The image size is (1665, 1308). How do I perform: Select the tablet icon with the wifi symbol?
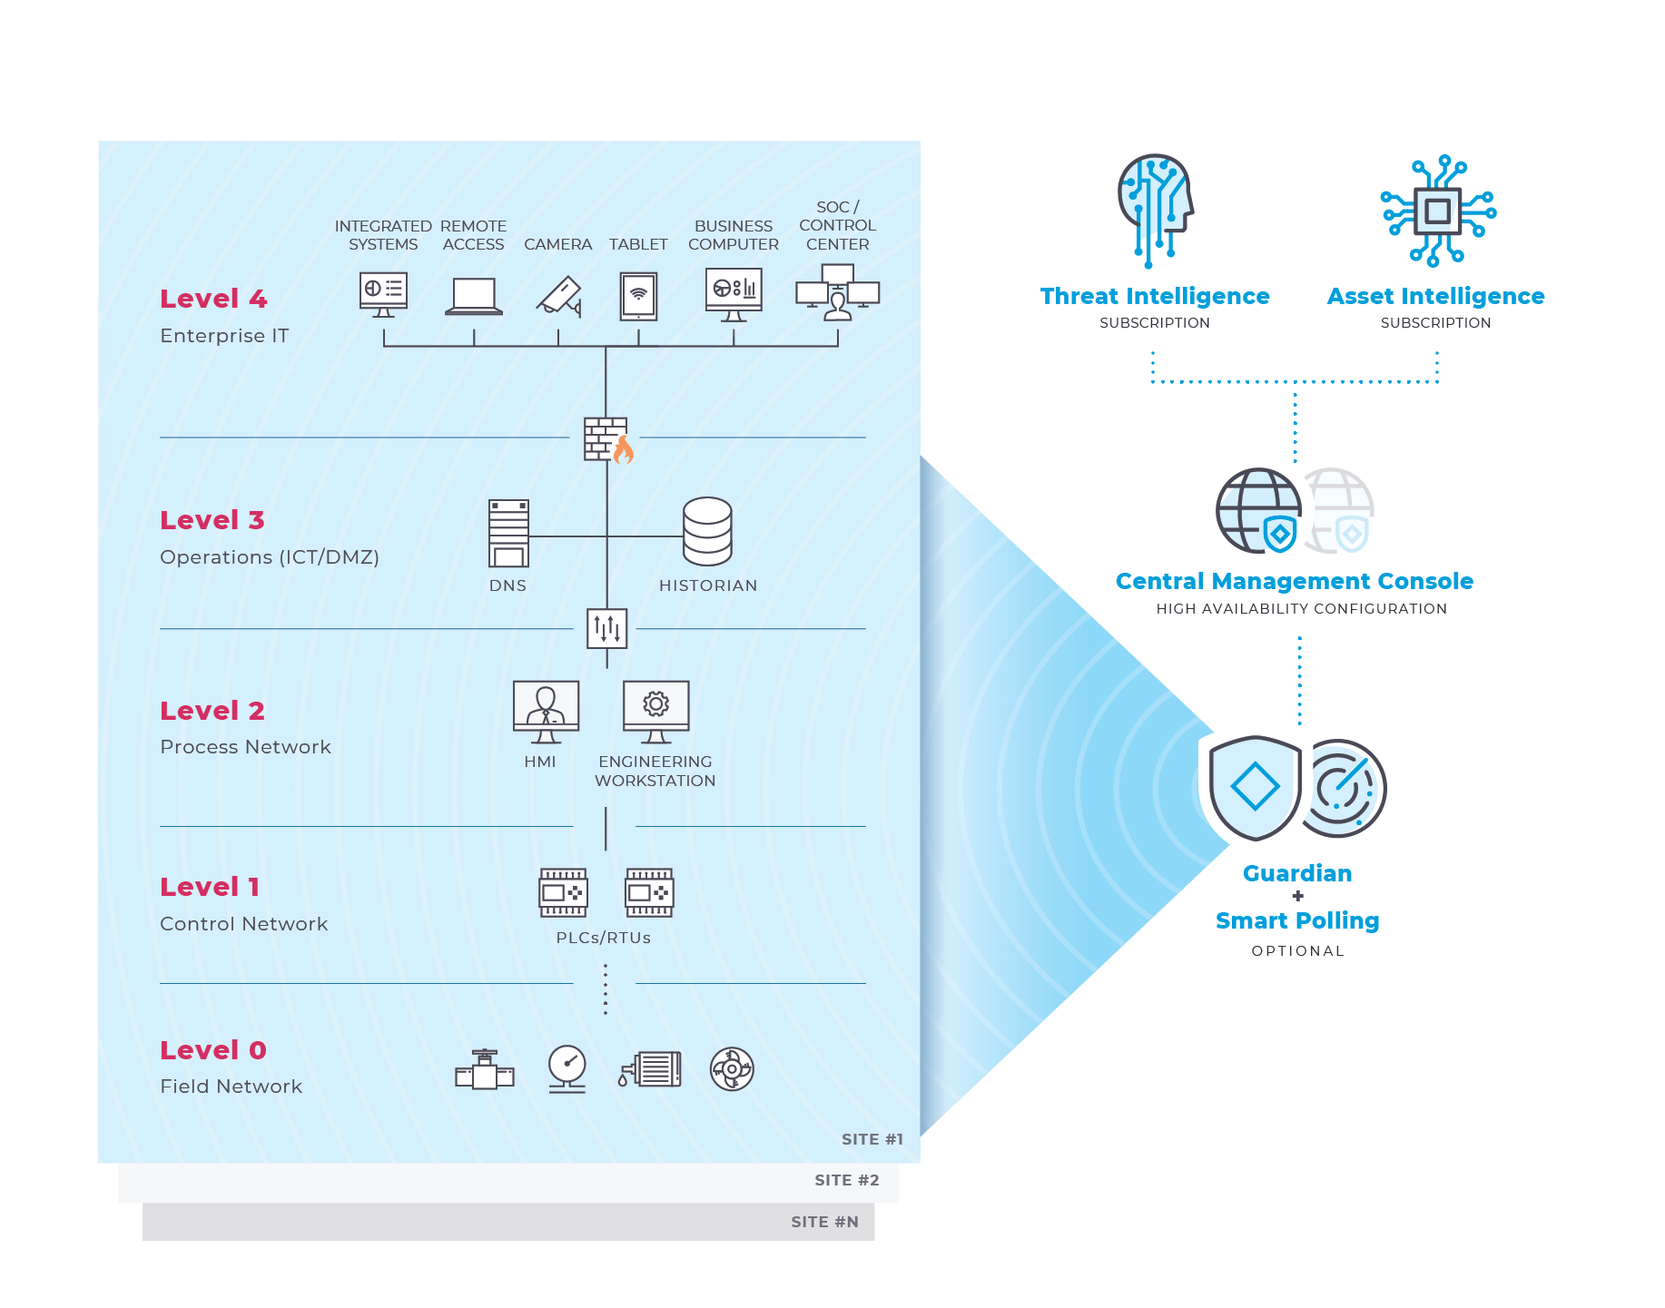click(x=638, y=297)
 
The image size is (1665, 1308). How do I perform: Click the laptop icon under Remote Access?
click(x=474, y=297)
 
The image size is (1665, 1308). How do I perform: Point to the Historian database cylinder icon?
click(x=707, y=532)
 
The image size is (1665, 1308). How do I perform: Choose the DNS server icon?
click(x=508, y=534)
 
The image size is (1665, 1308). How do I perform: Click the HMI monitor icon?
click(x=546, y=712)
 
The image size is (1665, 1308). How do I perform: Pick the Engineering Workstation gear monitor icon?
click(x=655, y=712)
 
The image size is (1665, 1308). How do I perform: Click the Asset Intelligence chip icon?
click(x=1437, y=211)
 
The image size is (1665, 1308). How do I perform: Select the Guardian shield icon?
click(x=1256, y=787)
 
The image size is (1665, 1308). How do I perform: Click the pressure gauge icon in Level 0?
click(x=567, y=1068)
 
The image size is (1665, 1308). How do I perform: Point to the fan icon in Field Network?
click(x=732, y=1069)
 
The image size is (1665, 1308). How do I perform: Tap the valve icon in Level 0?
click(x=485, y=1070)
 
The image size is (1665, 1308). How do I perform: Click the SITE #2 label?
click(x=846, y=1180)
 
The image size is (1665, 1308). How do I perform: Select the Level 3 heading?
click(x=212, y=520)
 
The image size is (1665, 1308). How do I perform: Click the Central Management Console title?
click(x=1294, y=581)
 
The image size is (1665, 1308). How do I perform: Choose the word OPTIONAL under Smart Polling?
click(x=1297, y=951)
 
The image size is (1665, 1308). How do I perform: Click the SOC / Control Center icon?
click(x=837, y=292)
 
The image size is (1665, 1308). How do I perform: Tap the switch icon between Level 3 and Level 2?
click(x=606, y=628)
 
